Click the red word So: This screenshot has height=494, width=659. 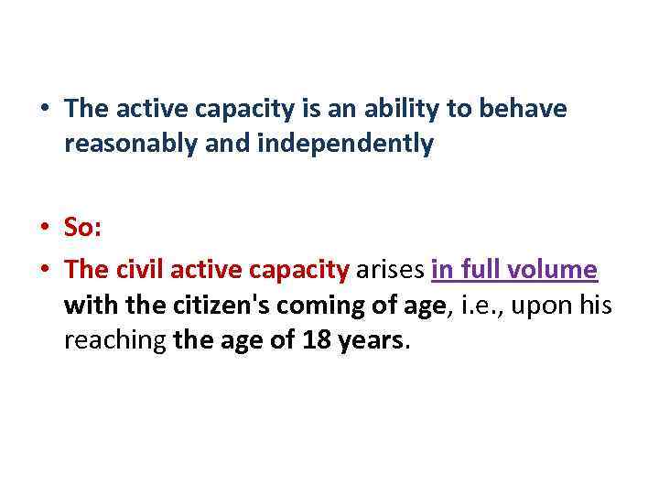coord(82,228)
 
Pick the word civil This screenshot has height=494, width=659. coord(138,271)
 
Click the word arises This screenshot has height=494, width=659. coord(390,271)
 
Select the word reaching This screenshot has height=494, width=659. coord(114,340)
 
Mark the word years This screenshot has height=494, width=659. coord(368,340)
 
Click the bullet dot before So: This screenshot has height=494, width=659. coord(45,229)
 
